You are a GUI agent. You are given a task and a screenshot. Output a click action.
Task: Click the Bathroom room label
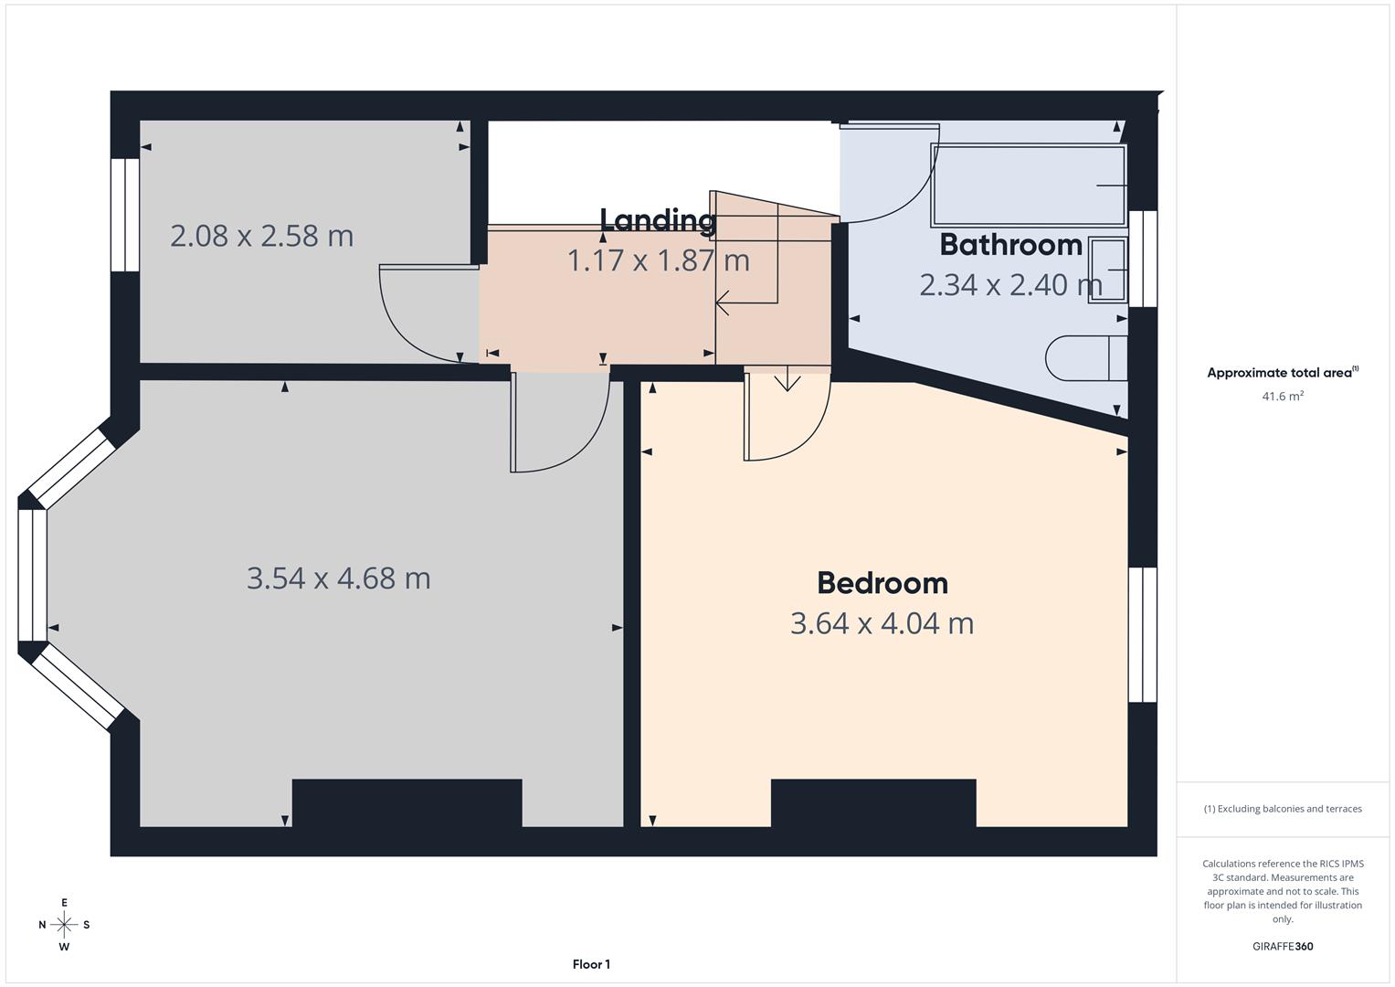[1010, 245]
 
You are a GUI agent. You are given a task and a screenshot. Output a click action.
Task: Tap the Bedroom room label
[882, 583]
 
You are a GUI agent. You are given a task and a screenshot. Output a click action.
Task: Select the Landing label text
[657, 220]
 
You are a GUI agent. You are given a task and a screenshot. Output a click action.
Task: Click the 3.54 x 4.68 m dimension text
[338, 578]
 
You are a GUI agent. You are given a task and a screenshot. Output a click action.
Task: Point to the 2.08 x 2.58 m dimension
[261, 236]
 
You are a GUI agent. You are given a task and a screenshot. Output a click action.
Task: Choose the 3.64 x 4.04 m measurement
[882, 623]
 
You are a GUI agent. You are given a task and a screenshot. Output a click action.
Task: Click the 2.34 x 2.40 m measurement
[1010, 285]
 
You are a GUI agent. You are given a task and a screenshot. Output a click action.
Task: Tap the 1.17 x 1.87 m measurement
[658, 261]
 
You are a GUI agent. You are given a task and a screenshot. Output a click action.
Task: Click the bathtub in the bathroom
[1028, 186]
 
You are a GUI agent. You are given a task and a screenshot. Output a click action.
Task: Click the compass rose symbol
[64, 925]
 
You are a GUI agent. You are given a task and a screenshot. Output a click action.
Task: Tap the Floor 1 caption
[591, 964]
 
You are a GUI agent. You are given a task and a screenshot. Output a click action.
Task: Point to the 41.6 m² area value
[1282, 397]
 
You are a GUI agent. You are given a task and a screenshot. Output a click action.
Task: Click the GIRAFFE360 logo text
[1282, 946]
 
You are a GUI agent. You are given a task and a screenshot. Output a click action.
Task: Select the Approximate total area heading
[1282, 373]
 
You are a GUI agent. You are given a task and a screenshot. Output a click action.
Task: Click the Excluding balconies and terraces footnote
[1282, 809]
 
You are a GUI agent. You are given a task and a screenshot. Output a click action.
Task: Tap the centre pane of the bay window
[32, 575]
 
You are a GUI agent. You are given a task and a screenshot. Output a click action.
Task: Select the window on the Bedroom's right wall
[1142, 634]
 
